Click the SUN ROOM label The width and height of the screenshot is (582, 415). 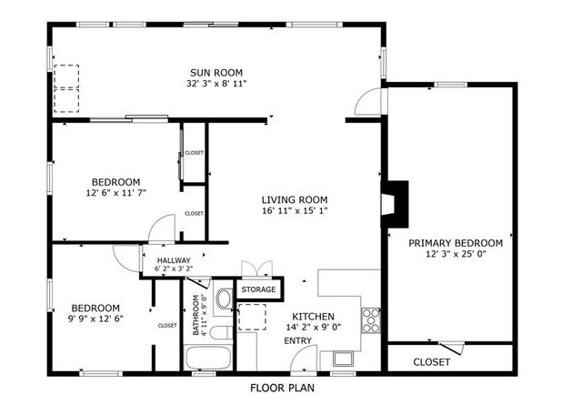click(216, 73)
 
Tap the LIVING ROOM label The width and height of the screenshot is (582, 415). click(294, 200)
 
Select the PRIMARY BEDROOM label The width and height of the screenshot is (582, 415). click(455, 243)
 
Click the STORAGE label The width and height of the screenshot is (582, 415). click(258, 290)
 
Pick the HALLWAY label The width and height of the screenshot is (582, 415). click(173, 259)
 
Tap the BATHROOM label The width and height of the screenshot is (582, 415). click(196, 314)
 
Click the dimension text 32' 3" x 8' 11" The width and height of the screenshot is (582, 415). click(216, 84)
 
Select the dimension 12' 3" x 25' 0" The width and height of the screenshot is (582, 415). click(455, 254)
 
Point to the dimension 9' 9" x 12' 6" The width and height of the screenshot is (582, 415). click(96, 319)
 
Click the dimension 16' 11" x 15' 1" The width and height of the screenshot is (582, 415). click(294, 211)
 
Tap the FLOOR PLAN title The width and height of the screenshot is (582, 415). click(282, 387)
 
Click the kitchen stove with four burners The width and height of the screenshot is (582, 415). click(371, 318)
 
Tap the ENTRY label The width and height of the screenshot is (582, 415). click(298, 340)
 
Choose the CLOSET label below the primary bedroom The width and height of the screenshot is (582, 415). click(431, 361)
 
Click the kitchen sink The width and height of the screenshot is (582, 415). click(343, 358)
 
